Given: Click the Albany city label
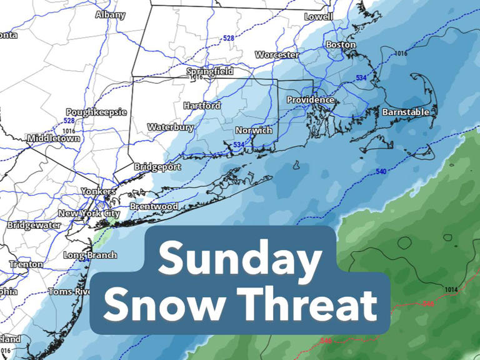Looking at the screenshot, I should click(x=111, y=14).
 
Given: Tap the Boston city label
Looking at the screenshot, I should click(x=341, y=45).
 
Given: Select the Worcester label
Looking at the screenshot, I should click(x=277, y=55).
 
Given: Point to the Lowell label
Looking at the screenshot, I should click(x=319, y=17).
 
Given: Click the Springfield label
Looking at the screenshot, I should click(x=211, y=72).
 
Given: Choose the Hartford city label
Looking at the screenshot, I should click(x=202, y=106).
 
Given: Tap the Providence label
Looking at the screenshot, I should click(x=311, y=100).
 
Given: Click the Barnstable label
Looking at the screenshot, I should click(x=406, y=112).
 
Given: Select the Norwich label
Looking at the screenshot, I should click(x=254, y=131).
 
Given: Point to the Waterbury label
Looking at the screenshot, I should click(x=171, y=127).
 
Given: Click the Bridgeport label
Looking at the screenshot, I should click(x=158, y=167).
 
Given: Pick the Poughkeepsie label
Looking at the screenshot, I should click(x=96, y=112).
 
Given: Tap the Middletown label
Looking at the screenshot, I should click(x=54, y=138).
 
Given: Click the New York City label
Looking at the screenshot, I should click(x=89, y=214).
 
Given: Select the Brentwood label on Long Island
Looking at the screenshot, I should click(x=154, y=206).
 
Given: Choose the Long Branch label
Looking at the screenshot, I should click(x=91, y=255).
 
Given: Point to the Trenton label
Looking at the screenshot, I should click(x=26, y=264).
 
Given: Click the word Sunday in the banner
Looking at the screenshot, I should click(x=240, y=261).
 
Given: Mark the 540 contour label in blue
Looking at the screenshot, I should click(x=381, y=171).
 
